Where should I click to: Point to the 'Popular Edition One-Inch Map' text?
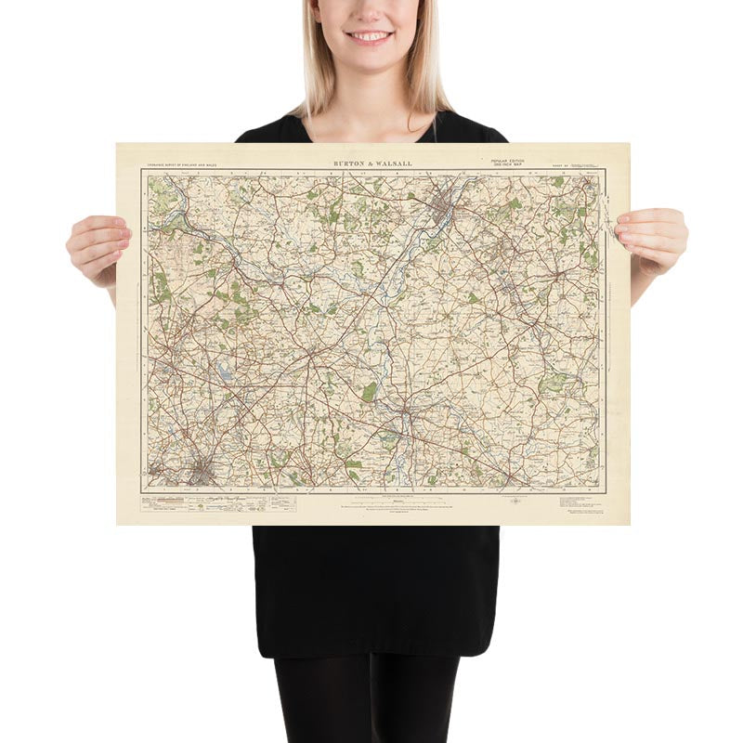tap(507, 163)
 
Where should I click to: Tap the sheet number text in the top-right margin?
tap(561, 164)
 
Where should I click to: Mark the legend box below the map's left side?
tap(218, 502)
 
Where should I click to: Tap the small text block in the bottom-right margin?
tap(581, 502)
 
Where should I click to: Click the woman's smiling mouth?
tap(370, 36)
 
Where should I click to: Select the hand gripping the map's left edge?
tap(98, 246)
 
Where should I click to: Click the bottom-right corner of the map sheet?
tap(629, 524)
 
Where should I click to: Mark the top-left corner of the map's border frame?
tap(142, 169)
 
